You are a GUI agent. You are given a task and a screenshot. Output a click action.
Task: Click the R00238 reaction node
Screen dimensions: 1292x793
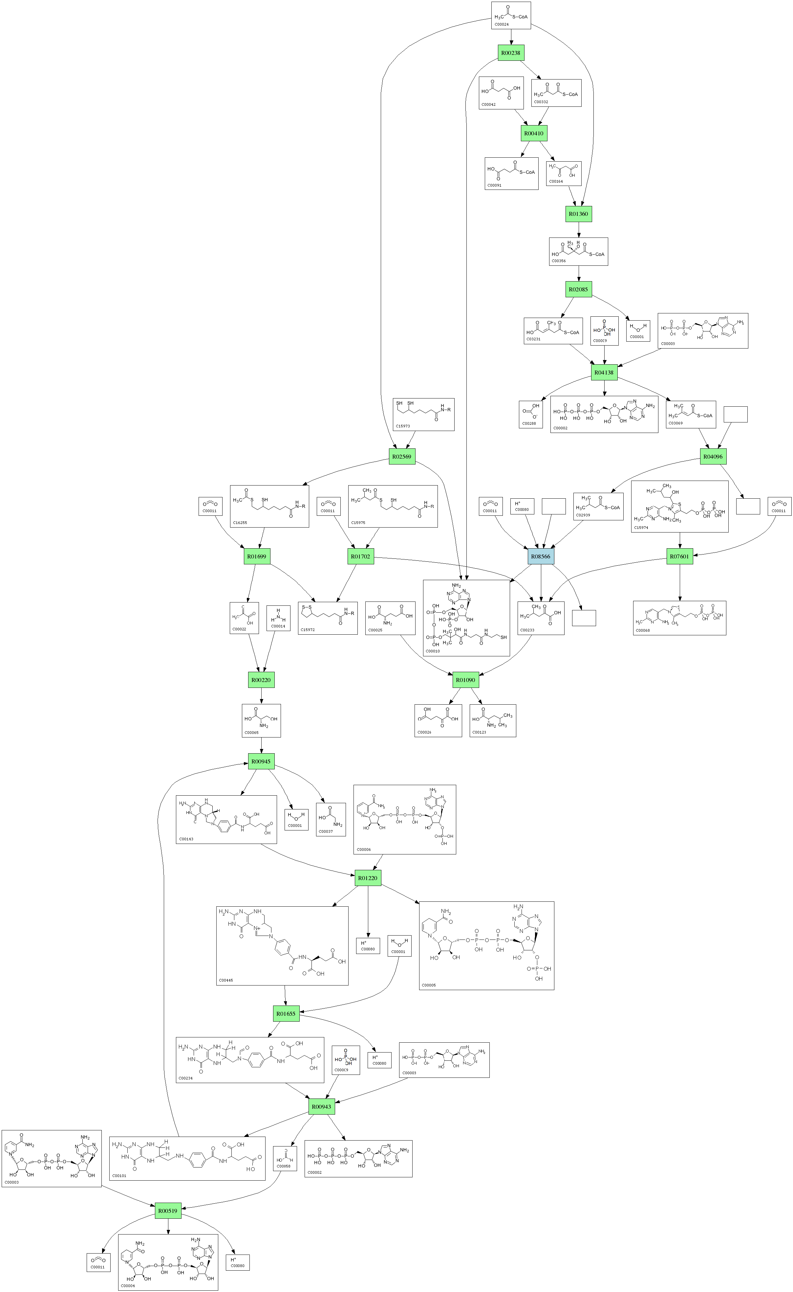pyautogui.click(x=510, y=53)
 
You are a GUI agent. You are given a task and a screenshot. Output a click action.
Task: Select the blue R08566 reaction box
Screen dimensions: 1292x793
pyautogui.click(x=541, y=556)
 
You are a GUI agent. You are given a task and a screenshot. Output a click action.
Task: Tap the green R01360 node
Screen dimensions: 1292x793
pyautogui.click(x=578, y=214)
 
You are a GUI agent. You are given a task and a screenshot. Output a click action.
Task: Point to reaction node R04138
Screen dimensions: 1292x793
pyautogui.click(x=604, y=373)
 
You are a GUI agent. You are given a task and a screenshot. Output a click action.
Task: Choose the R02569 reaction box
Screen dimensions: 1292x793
pyautogui.click(x=402, y=457)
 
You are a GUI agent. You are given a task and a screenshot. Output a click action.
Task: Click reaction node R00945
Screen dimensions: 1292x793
pyautogui.click(x=261, y=761)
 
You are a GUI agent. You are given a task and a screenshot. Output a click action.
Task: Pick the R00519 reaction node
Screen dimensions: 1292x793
pyautogui.click(x=168, y=1211)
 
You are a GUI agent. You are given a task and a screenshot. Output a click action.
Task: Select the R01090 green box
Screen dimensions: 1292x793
pyautogui.click(x=465, y=680)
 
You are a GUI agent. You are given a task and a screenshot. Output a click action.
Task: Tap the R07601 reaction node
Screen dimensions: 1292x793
pyautogui.click(x=680, y=556)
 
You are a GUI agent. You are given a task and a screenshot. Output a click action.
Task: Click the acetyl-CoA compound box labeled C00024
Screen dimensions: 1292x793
pyautogui.click(x=511, y=15)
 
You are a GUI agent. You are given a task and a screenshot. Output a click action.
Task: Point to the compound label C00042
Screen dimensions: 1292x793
pyautogui.click(x=488, y=104)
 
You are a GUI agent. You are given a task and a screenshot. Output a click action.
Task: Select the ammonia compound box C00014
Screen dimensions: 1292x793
pyautogui.click(x=278, y=618)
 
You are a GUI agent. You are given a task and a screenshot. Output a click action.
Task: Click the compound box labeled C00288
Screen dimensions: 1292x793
pyautogui.click(x=531, y=415)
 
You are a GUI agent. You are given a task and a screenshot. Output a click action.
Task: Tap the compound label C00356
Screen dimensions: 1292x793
pyautogui.click(x=559, y=261)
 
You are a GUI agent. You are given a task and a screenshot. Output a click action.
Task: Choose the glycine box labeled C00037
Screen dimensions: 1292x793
pyautogui.click(x=331, y=819)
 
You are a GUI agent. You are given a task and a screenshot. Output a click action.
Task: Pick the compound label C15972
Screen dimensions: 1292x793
pyautogui.click(x=308, y=630)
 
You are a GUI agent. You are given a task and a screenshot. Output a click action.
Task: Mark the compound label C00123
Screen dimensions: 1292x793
pyautogui.click(x=479, y=732)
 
